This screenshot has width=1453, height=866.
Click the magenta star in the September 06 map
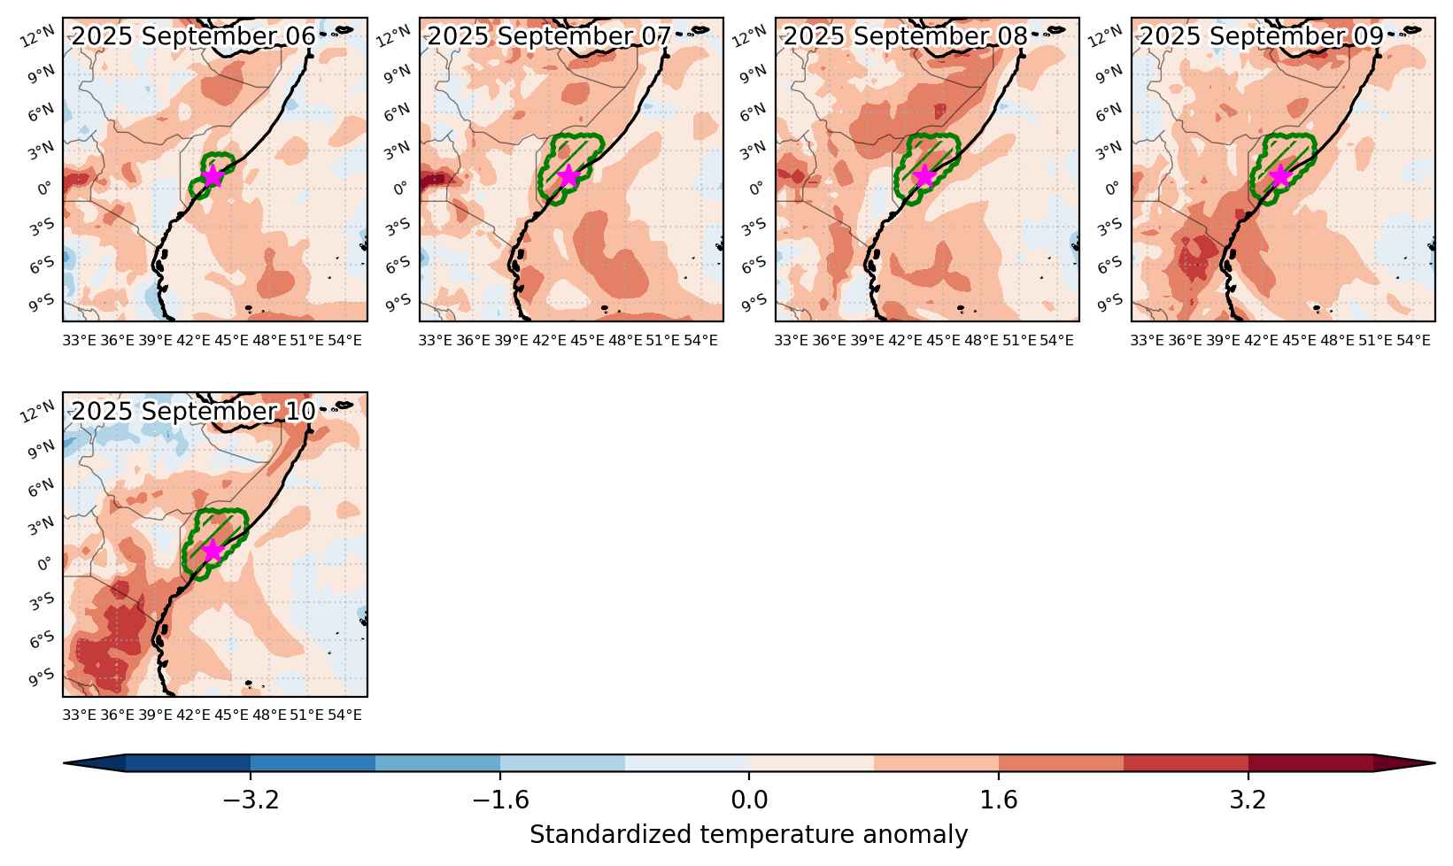coord(213,176)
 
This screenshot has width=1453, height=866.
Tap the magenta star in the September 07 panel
coord(568,176)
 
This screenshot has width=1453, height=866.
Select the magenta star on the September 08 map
coord(924,176)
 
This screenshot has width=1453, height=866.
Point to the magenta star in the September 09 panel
coord(1279,176)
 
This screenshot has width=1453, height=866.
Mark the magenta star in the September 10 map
coord(213,552)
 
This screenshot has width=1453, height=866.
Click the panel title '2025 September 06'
coord(193,36)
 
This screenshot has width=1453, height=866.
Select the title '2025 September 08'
coord(906,36)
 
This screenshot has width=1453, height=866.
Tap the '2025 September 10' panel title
coord(193,411)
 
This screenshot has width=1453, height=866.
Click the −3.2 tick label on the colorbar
coord(251,800)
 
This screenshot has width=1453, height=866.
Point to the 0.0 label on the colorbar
coord(749,800)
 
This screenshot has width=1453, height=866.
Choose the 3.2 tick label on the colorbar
coord(1248,800)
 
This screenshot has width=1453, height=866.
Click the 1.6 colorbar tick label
coord(999,800)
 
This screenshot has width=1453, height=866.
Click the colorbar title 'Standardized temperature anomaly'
coord(748,834)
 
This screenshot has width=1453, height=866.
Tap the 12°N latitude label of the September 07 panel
coord(393,36)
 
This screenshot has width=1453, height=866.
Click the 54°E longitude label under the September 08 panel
coord(1056,341)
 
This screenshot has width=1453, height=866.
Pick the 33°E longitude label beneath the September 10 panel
coord(79,715)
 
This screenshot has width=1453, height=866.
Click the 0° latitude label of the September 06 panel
coord(43,189)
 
